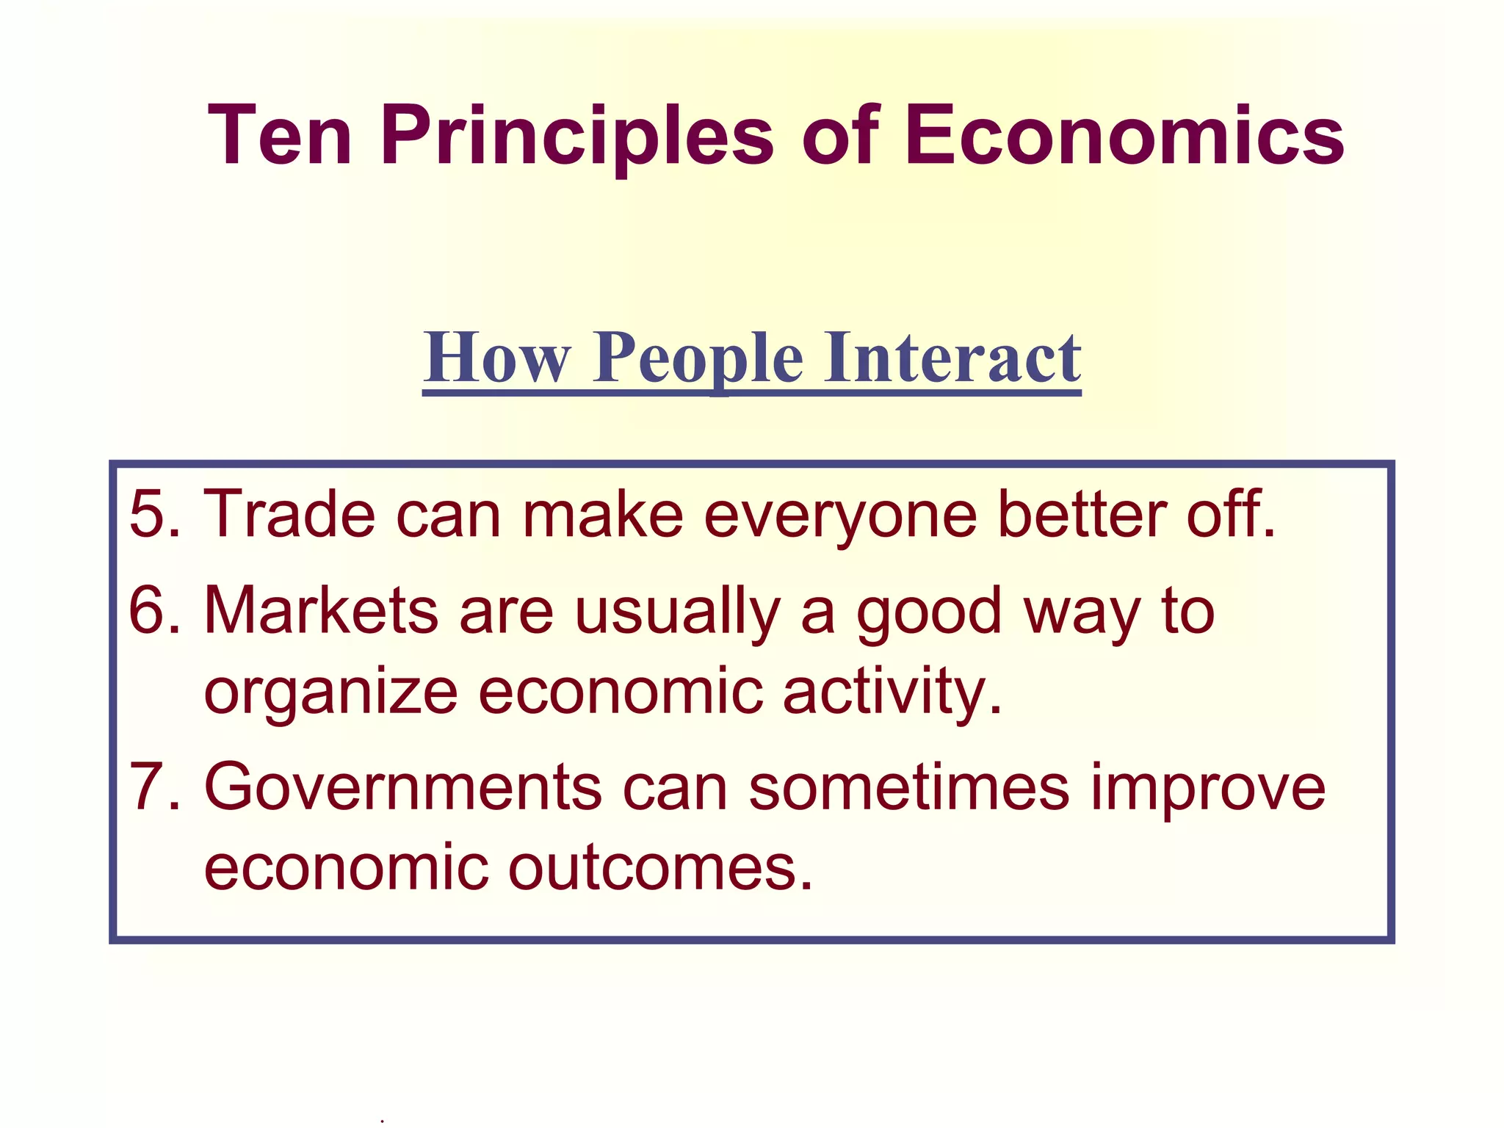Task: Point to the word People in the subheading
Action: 698,358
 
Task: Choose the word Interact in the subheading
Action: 952,358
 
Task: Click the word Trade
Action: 289,514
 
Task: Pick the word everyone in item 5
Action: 840,514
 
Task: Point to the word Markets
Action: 322,611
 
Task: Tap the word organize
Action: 330,692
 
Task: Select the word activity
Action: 892,692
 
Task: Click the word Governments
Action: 403,787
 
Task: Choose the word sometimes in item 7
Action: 909,787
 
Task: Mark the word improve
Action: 1208,787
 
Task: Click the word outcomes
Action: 661,868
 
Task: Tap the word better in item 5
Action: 1081,514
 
